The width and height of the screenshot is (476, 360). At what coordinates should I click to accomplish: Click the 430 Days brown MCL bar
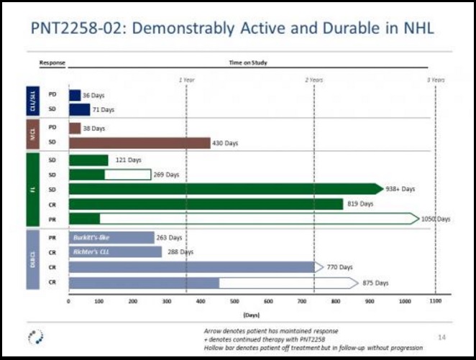click(x=139, y=142)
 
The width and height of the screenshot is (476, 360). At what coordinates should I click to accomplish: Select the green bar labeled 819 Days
click(x=206, y=204)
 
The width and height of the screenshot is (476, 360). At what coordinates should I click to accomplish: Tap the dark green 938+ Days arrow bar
click(x=226, y=189)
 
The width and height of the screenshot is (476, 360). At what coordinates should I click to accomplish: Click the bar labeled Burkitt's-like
click(x=111, y=237)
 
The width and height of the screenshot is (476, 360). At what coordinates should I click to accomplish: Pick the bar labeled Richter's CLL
click(x=115, y=252)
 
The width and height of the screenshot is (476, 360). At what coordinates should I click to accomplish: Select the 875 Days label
click(x=376, y=283)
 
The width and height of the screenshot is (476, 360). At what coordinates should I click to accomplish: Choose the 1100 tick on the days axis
click(x=434, y=302)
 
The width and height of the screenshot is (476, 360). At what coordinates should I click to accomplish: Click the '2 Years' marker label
click(x=313, y=79)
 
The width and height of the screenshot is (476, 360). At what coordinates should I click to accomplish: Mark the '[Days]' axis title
click(x=251, y=314)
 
